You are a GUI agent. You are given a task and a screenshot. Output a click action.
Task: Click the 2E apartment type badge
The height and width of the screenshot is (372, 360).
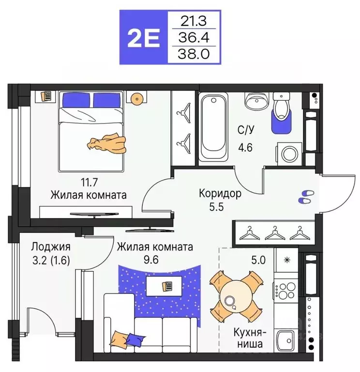point(143,37)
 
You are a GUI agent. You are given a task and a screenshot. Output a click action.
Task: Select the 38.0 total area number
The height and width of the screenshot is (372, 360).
point(195,53)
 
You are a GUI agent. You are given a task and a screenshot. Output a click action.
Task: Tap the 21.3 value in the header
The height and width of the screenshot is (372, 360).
point(195,21)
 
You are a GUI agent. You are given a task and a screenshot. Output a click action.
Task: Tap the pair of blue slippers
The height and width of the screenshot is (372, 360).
point(305,196)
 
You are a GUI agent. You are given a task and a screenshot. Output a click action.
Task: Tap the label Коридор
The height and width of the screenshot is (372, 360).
point(220,194)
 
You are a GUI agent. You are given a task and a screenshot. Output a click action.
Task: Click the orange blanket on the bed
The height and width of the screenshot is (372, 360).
point(106,143)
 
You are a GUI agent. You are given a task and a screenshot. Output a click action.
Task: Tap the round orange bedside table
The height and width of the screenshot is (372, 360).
point(137,99)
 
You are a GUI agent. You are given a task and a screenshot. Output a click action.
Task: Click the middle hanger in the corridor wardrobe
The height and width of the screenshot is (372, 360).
point(274,233)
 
